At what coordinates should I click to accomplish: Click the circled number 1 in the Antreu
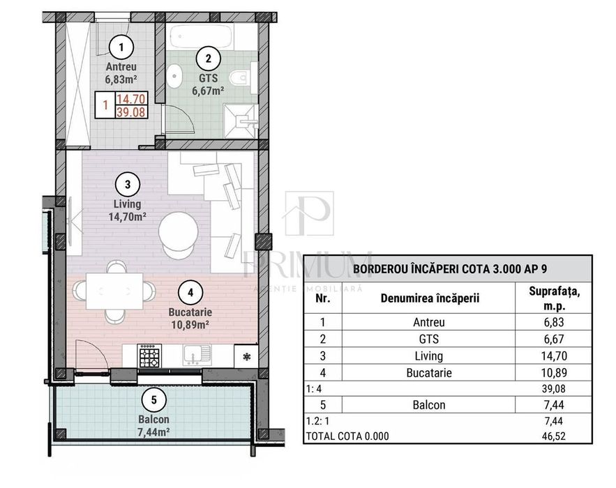121,47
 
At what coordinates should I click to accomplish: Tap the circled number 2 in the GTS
208,59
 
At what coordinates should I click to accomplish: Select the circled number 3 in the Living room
127,185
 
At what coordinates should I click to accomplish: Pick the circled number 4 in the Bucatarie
190,293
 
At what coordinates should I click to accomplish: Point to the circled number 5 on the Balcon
153,399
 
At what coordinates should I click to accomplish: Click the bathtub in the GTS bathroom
202,37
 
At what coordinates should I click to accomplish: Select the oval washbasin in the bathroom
174,76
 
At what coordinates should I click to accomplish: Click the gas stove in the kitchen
150,356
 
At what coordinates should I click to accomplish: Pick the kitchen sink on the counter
197,356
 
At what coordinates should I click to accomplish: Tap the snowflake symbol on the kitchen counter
246,357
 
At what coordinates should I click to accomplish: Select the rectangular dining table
114,291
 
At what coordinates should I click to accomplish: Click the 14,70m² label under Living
127,217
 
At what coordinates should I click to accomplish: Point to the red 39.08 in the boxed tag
131,112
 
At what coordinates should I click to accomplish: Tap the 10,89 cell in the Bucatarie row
554,372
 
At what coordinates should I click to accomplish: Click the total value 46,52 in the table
554,436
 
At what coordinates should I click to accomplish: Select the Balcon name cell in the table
429,405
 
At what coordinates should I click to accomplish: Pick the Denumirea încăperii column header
430,298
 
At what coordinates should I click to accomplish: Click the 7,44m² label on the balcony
153,432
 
